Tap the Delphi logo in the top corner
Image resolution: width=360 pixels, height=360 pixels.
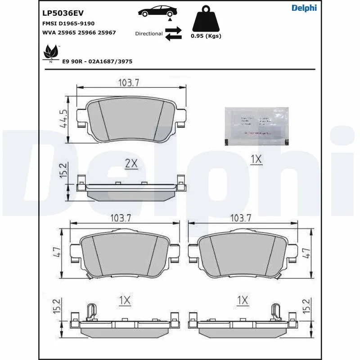pos(304,8)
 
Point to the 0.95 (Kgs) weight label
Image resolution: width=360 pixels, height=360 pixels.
pos(206,36)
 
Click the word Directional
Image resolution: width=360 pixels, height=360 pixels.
pos(148,34)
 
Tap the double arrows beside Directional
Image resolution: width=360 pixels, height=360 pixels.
pos(173,34)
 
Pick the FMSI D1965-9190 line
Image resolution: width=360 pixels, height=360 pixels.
pos(68,23)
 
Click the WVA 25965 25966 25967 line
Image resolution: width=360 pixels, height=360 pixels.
pos(79,32)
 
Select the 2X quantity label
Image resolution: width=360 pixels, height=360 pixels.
pos(130,164)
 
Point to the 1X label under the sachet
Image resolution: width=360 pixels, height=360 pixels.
pos(256,159)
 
